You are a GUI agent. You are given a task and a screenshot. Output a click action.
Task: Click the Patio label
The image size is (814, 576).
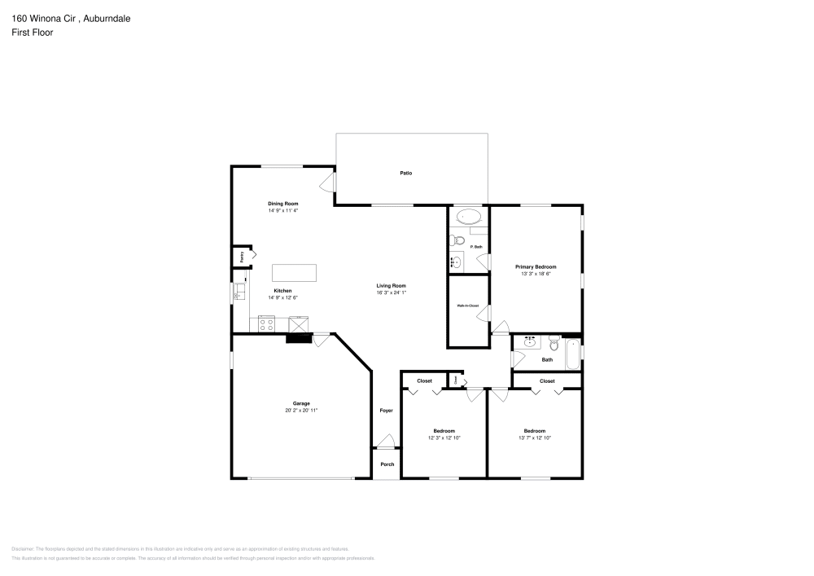pos(405,173)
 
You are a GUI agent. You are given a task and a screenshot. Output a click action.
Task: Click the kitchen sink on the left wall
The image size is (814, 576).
pos(239,292)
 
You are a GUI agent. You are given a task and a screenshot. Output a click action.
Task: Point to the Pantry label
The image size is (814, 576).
pos(242,257)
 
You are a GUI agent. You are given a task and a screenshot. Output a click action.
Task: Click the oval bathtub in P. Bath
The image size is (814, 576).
pos(467,217)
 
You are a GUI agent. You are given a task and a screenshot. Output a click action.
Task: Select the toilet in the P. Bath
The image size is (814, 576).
pos(458,242)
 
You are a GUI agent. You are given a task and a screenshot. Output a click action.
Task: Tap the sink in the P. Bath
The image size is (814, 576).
pos(456,262)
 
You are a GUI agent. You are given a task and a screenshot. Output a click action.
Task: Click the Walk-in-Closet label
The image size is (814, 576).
pos(467,306)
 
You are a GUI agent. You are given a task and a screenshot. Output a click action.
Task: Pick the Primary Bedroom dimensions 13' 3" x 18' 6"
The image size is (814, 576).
pos(536,275)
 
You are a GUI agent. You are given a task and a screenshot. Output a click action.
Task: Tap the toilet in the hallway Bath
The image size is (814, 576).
pos(554,343)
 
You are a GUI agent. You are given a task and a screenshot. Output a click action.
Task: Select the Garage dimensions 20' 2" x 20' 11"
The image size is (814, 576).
pos(300,411)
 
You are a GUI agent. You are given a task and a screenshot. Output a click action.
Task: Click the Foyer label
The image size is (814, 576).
pos(386,411)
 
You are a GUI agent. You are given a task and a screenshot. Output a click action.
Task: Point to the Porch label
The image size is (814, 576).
pos(387,464)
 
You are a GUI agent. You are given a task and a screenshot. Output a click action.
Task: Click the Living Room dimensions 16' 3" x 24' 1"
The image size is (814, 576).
pos(391,292)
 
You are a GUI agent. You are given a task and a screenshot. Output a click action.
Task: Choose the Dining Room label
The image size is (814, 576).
pos(283,203)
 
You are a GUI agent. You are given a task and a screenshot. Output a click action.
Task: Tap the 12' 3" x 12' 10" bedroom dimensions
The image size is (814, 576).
pos(444,438)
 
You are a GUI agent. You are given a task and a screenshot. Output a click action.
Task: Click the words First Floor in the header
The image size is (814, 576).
pos(33,32)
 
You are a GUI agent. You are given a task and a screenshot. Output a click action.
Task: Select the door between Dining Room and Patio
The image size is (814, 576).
pos(328,182)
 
